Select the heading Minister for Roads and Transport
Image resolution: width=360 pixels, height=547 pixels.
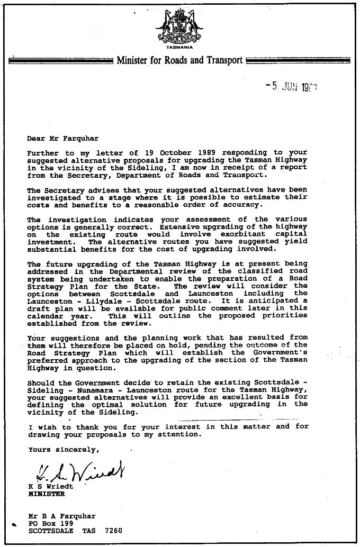point(179,60)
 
